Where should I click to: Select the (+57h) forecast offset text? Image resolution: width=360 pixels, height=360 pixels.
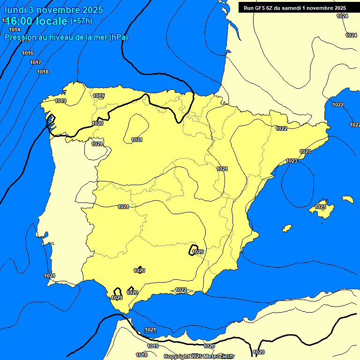tap(81, 21)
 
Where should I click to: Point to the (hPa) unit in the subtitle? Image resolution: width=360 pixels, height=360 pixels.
tap(118, 37)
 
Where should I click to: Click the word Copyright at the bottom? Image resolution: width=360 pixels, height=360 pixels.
tap(177, 357)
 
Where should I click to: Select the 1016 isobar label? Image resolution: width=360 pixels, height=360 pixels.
tap(28, 53)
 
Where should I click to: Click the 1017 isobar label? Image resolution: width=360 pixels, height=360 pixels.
tap(36, 62)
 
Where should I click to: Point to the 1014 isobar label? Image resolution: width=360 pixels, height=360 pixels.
tap(15, 30)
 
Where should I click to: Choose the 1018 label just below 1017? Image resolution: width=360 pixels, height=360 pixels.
tap(43, 72)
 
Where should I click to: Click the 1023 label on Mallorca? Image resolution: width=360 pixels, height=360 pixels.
tap(320, 207)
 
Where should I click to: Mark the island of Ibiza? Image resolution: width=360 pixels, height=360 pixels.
tap(286, 228)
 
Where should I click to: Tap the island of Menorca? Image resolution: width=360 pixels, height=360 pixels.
tap(348, 199)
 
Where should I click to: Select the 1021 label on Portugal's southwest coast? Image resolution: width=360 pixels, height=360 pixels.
tap(50, 276)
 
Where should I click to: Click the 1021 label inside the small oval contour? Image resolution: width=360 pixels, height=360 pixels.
tap(137, 140)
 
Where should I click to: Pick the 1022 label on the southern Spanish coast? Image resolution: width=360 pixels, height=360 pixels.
tap(181, 290)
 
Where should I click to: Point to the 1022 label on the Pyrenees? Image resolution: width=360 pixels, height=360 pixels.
tap(281, 128)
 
